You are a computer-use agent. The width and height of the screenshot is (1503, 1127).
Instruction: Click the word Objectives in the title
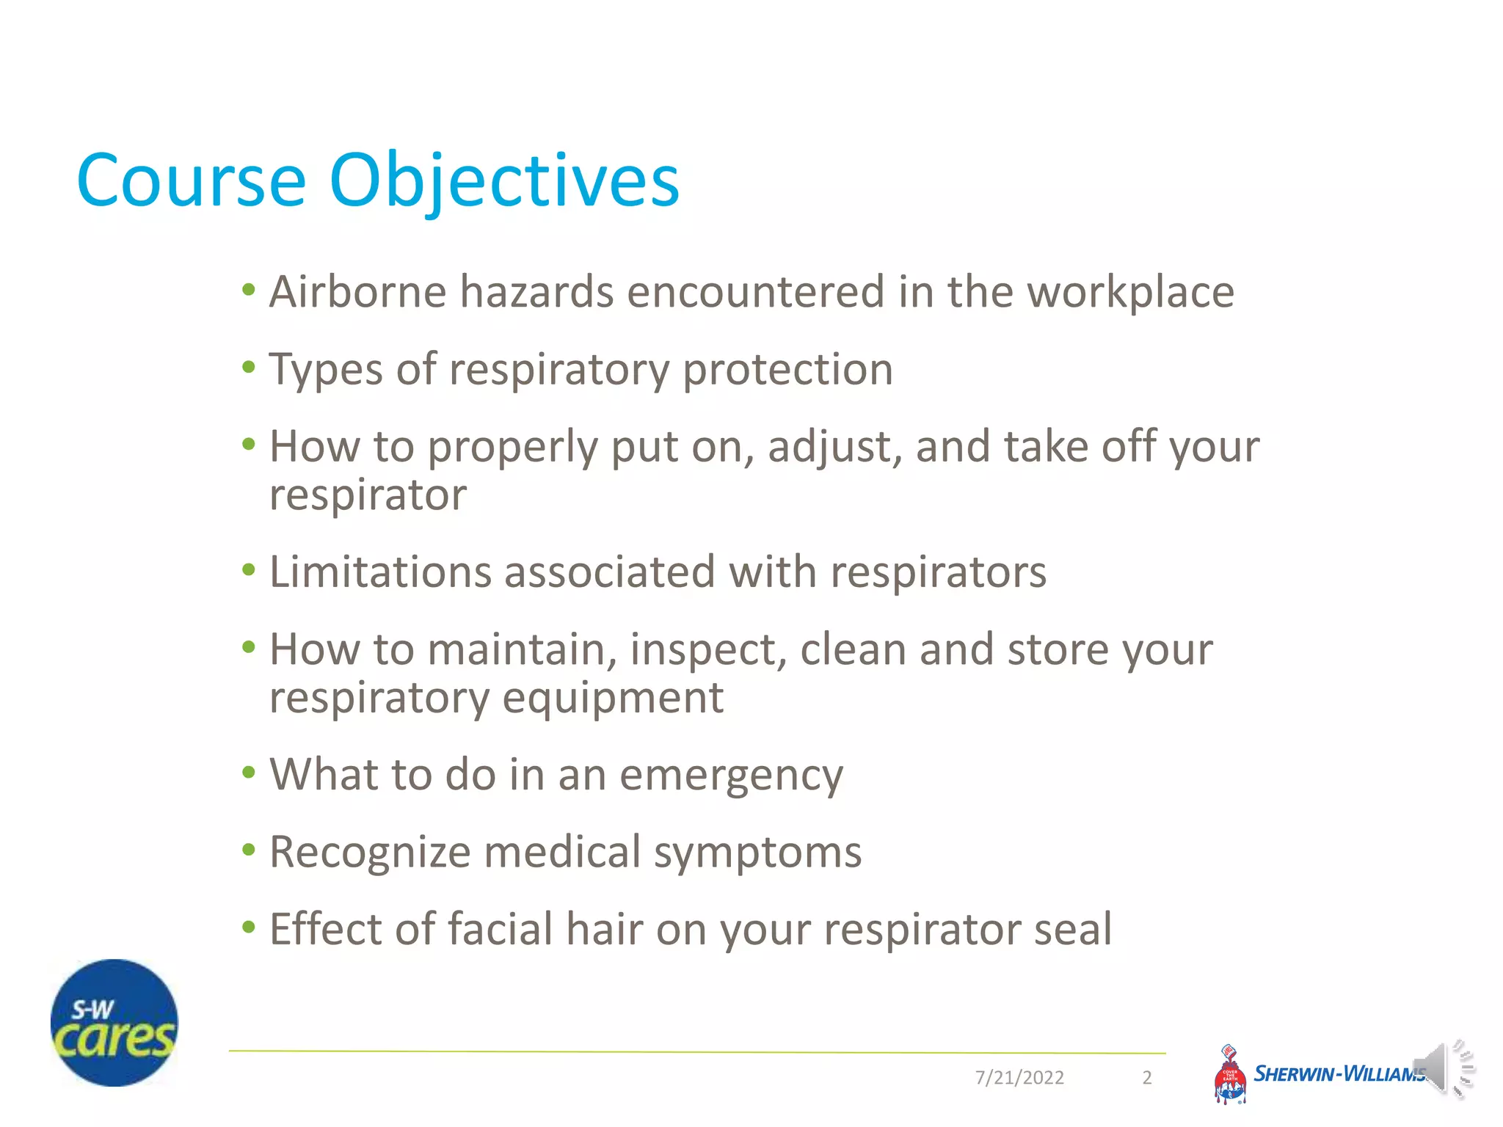(x=505, y=181)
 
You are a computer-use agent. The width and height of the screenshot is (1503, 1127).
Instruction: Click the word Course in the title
(x=191, y=181)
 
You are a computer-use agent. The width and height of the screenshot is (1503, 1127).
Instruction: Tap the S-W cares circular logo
(x=114, y=1023)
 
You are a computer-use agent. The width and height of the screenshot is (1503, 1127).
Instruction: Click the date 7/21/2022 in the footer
(x=1019, y=1077)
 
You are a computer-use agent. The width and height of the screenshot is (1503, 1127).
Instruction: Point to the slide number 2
(x=1147, y=1077)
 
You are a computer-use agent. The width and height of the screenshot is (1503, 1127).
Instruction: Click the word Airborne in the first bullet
(x=357, y=292)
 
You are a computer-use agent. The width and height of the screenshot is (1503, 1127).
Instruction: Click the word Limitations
(x=380, y=572)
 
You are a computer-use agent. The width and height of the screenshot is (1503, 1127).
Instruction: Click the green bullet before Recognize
(x=249, y=850)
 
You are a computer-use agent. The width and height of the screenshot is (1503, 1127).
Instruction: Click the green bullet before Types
(x=249, y=367)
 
